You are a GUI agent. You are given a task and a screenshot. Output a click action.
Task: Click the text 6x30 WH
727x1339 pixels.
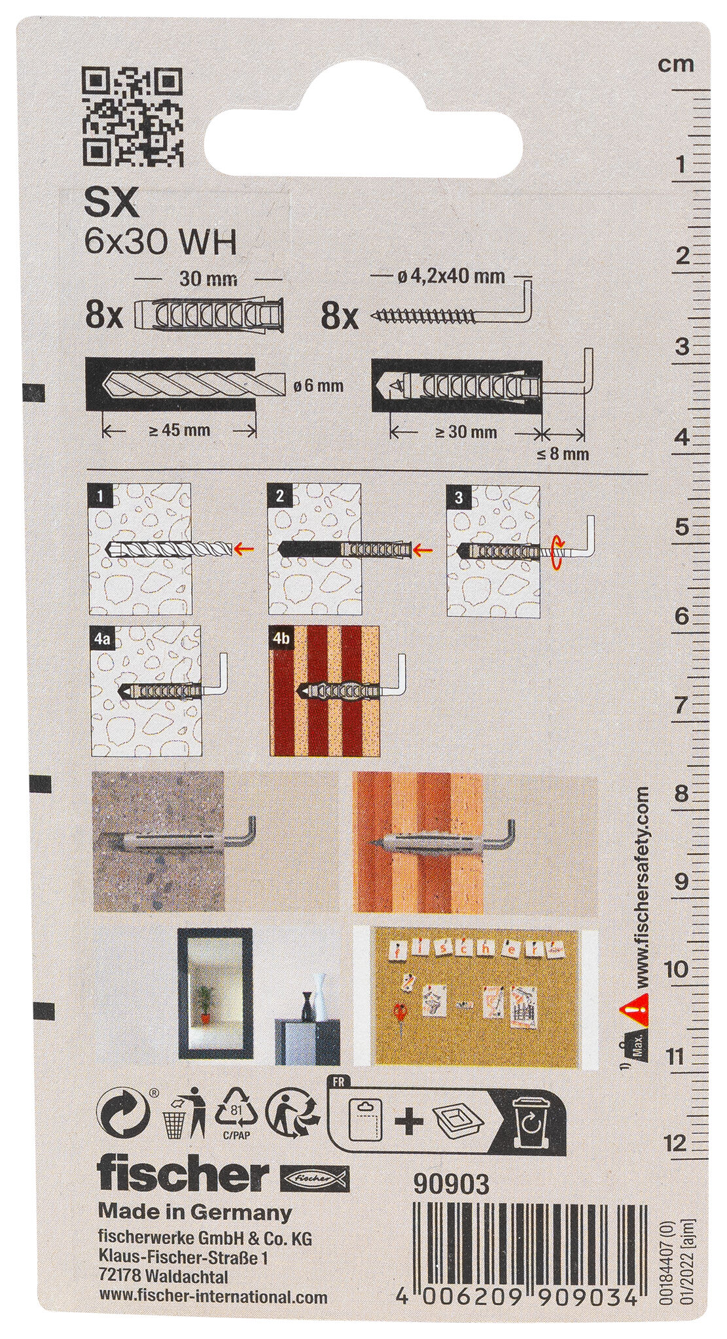[160, 243]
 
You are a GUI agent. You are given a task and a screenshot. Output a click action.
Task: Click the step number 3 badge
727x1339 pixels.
[459, 497]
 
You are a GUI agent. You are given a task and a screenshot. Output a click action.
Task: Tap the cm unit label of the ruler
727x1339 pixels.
[676, 64]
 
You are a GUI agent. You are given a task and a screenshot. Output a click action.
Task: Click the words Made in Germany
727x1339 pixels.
[194, 1194]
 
